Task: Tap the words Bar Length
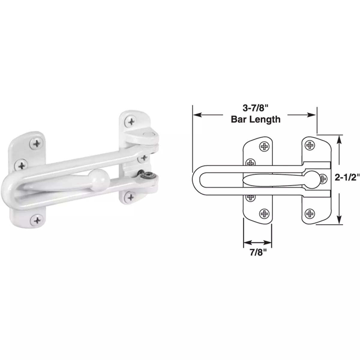pos(256,119)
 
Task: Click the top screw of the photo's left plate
pos(37,144)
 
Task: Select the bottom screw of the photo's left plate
pos(37,220)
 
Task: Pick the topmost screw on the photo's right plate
pos(131,121)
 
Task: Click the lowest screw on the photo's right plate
pos(130,197)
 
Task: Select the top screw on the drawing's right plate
pos(309,145)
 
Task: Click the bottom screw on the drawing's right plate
pos(309,214)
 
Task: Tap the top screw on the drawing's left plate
pos(264,146)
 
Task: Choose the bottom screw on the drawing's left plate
pos(264,214)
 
